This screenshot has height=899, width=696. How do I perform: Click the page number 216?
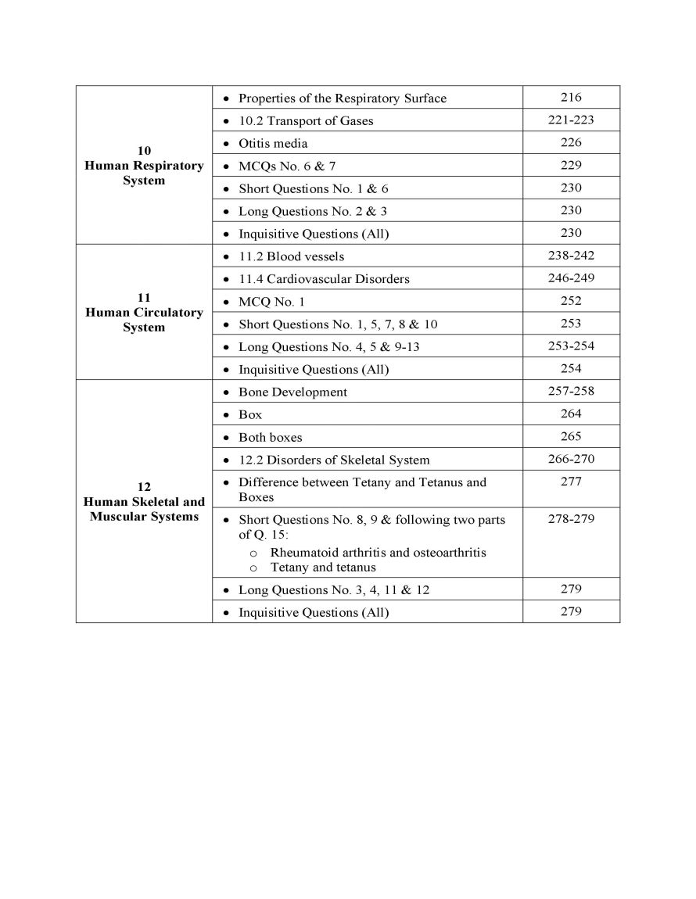[x=571, y=98]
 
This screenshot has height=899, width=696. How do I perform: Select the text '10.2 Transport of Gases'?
[x=306, y=121]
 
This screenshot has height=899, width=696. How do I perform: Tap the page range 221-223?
[x=571, y=120]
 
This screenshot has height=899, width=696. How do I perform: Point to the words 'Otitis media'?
[x=273, y=144]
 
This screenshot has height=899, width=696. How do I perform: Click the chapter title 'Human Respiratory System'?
[x=144, y=173]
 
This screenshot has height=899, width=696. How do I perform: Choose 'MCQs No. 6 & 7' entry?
[x=287, y=166]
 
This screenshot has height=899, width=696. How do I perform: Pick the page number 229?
[x=571, y=165]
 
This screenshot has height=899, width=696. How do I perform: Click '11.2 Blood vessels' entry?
[x=291, y=256]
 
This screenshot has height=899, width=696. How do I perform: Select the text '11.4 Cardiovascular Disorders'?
[x=324, y=279]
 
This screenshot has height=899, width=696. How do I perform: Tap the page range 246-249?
[x=571, y=278]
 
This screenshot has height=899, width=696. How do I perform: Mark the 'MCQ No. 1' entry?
[x=271, y=302]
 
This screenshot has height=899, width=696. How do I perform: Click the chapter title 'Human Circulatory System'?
[x=144, y=320]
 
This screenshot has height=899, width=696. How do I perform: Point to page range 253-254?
[x=571, y=346]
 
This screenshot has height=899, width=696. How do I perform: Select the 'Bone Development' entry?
[x=292, y=392]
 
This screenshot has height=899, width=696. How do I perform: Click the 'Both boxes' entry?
[x=270, y=438]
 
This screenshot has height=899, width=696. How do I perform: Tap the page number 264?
[x=571, y=414]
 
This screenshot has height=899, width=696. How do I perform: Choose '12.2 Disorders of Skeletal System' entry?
[x=334, y=460]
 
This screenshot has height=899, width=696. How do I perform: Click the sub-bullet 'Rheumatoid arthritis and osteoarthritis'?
[x=378, y=553]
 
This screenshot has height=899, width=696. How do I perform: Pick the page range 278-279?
[x=571, y=519]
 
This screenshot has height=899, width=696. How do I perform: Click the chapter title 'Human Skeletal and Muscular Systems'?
[x=144, y=509]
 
